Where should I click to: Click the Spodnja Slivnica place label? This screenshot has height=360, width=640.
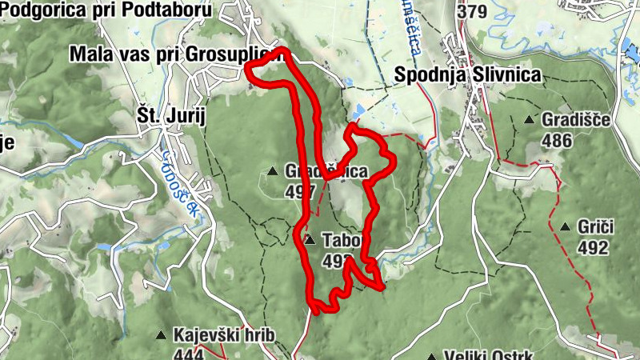(x=468, y=74)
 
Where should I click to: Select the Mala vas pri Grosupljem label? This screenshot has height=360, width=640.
(x=176, y=54)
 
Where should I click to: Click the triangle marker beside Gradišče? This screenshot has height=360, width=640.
(x=529, y=120)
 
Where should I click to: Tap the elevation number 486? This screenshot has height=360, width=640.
(x=557, y=142)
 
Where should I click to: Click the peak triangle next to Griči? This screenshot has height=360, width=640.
(x=565, y=226)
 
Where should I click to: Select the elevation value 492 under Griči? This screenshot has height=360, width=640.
(x=592, y=248)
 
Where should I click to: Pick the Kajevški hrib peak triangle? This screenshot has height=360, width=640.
(x=161, y=335)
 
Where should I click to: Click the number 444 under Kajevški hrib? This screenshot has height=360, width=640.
(x=188, y=354)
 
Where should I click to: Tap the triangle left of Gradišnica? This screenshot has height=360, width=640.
(x=273, y=171)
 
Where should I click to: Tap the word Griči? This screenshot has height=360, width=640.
(x=595, y=226)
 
